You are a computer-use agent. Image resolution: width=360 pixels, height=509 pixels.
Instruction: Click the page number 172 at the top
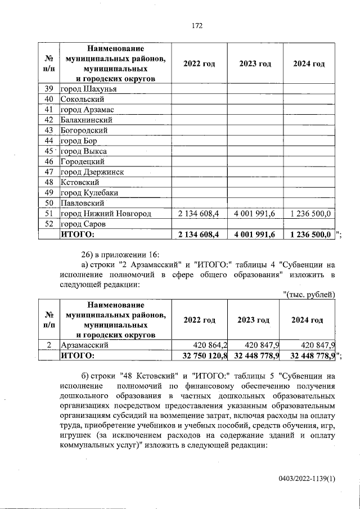tap(196, 26)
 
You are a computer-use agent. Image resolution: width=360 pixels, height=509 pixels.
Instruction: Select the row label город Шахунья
tap(88, 89)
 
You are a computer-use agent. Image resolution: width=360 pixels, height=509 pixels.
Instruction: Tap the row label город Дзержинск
tap(92, 172)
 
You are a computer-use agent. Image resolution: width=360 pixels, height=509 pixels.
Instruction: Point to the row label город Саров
tap(83, 224)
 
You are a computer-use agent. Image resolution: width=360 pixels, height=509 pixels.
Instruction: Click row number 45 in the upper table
tap(48, 151)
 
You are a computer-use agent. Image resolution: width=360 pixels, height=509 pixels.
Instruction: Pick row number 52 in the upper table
tap(48, 224)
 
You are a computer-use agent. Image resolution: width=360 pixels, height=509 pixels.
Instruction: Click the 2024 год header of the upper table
tap(309, 64)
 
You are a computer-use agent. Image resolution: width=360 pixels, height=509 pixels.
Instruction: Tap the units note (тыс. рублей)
tap(308, 295)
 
